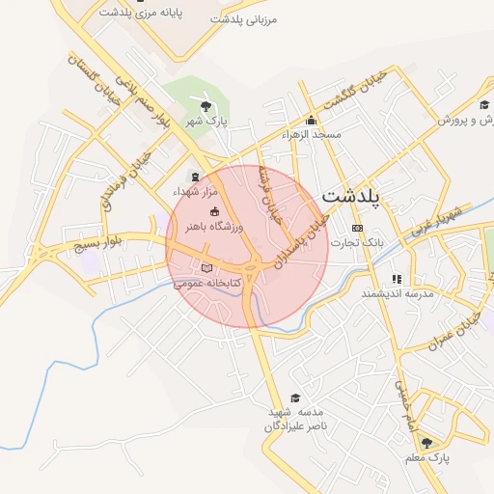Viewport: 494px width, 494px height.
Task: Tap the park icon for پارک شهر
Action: click(x=205, y=106)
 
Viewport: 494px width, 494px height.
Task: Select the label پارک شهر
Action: click(x=205, y=122)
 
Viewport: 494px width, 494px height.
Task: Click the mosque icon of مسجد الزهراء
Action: click(x=311, y=121)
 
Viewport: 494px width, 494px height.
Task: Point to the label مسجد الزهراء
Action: click(x=312, y=135)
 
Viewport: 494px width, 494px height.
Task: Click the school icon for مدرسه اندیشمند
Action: click(x=396, y=278)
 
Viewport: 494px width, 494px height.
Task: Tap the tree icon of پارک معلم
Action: click(x=426, y=443)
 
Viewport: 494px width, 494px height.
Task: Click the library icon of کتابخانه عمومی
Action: click(x=206, y=268)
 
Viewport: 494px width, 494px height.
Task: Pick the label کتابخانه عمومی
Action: click(x=206, y=284)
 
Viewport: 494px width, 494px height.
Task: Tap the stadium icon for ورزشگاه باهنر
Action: click(x=214, y=212)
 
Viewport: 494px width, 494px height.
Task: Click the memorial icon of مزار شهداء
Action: click(x=196, y=177)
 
